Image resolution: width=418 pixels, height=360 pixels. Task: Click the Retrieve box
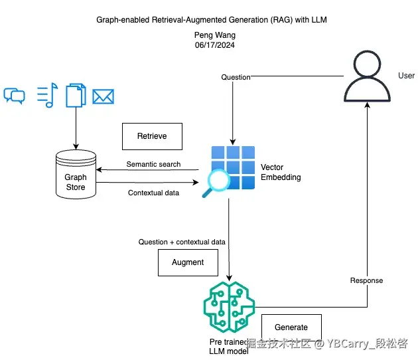[152, 136]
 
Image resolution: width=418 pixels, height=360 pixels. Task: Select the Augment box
[188, 262]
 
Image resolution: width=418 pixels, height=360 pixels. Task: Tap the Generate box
[291, 327]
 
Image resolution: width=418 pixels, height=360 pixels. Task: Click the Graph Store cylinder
[76, 175]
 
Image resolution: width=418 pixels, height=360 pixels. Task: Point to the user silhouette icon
[368, 74]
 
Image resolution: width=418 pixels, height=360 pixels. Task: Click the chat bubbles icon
[14, 96]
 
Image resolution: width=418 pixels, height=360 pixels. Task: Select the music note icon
[46, 96]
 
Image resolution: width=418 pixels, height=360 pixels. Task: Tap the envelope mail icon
[103, 97]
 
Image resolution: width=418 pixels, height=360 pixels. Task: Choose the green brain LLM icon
[229, 308]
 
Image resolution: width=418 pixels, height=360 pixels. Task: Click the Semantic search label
[153, 165]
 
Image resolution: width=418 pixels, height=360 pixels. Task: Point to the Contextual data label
[153, 193]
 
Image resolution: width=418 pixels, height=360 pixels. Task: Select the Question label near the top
[236, 77]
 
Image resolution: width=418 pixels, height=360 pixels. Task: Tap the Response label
[366, 281]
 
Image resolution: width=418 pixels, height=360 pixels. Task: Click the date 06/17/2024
[210, 45]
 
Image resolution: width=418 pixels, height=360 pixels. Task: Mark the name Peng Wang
[210, 36]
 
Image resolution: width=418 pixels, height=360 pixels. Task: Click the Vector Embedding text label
[281, 173]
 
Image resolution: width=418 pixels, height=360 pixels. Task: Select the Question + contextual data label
[182, 242]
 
